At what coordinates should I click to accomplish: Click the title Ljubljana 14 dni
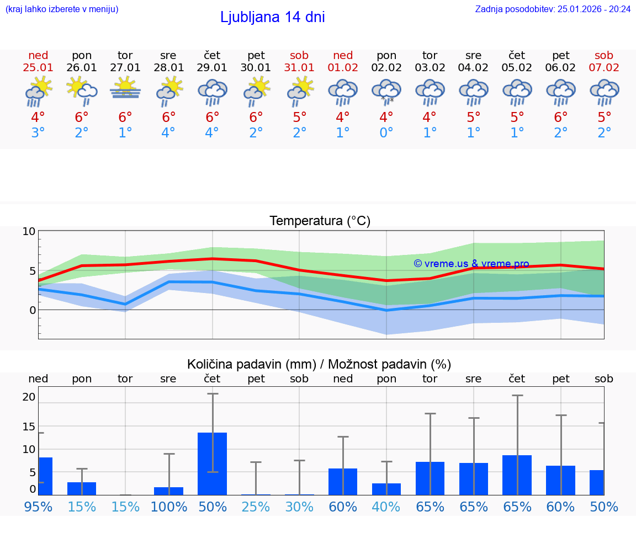click(272, 17)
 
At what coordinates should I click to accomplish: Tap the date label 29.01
click(213, 67)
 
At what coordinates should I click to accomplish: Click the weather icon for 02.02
click(386, 92)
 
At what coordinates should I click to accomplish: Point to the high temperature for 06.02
click(561, 118)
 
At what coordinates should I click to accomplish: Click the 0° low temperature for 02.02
click(386, 133)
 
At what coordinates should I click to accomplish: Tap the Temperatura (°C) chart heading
click(320, 221)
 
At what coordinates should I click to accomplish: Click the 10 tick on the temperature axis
click(29, 231)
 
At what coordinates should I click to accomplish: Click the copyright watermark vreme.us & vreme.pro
click(471, 264)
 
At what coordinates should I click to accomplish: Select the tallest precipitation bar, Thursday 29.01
click(213, 464)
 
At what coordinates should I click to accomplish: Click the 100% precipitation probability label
click(169, 507)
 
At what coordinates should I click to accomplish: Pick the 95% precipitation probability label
click(38, 507)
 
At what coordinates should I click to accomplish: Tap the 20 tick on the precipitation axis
click(29, 397)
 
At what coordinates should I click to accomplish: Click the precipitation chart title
click(319, 364)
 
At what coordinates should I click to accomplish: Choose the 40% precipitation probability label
click(386, 507)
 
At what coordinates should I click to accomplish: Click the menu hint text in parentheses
click(62, 9)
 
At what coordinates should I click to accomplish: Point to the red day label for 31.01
click(299, 55)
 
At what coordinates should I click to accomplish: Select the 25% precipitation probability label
click(256, 507)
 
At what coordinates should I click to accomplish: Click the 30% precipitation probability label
click(299, 507)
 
